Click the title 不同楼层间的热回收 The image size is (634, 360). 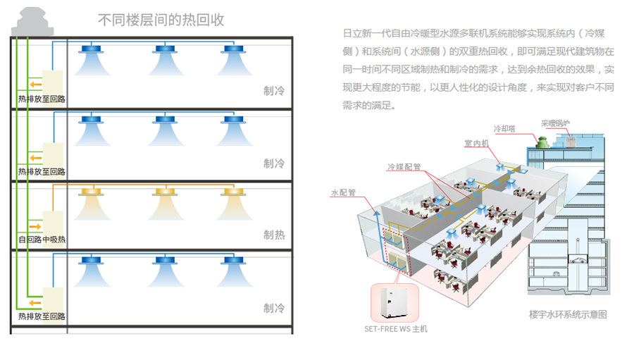pyautogui.click(x=161, y=20)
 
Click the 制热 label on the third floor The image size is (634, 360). pyautogui.click(x=274, y=235)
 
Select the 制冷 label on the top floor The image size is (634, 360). pyautogui.click(x=274, y=90)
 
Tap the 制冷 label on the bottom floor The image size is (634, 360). pyautogui.click(x=274, y=308)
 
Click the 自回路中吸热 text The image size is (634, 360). pyautogui.click(x=42, y=240)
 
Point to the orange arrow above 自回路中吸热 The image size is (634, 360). pyautogui.click(x=34, y=227)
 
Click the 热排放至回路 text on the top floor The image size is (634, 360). pyautogui.click(x=42, y=99)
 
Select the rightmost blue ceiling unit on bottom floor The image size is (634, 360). pyautogui.click(x=233, y=261)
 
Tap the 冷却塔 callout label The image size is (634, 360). pyautogui.click(x=504, y=129)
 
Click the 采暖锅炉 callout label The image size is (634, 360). pyautogui.click(x=556, y=123)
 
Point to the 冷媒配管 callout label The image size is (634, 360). pyautogui.click(x=404, y=167)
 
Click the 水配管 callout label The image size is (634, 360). pyautogui.click(x=343, y=192)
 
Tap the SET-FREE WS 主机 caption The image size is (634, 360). pyautogui.click(x=395, y=328)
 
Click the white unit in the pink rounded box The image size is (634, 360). pyautogui.click(x=394, y=302)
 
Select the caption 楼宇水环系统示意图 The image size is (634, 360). pyautogui.click(x=568, y=314)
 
